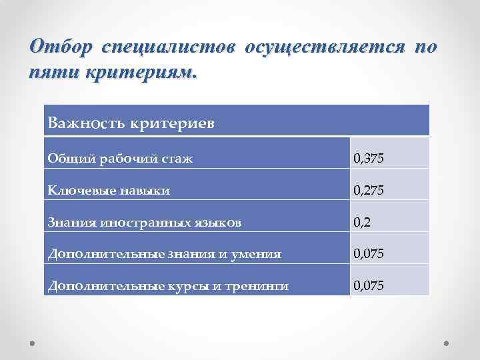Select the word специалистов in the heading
coord(169,48)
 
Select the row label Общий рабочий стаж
coord(121,159)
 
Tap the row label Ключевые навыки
coord(109,191)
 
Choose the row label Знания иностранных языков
coord(145,222)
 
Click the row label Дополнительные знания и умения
coord(164,254)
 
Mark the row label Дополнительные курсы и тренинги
coord(168,286)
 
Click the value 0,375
coord(369,159)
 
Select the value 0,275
coord(369,191)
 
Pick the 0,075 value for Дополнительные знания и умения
coord(369,254)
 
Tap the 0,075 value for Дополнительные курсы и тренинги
coord(369,286)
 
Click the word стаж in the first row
coord(179,159)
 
